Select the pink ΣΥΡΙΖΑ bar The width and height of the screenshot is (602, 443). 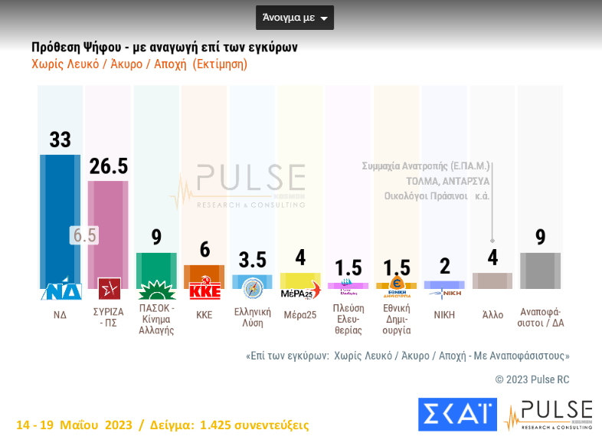(108, 230)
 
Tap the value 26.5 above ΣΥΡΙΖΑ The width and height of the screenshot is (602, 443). (108, 166)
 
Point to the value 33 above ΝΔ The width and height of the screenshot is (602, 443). (60, 139)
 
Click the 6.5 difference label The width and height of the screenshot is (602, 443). (83, 235)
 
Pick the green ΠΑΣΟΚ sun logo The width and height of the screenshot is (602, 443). (156, 290)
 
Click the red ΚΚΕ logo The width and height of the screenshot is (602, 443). (204, 290)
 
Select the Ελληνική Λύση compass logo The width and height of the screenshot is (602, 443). (253, 287)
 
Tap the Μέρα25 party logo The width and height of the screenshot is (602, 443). (300, 290)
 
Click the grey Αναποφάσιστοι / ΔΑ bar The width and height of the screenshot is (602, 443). (540, 271)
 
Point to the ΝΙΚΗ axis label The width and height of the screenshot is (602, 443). (444, 314)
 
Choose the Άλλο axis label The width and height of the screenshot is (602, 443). (492, 314)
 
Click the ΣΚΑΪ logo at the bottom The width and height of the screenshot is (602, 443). (457, 414)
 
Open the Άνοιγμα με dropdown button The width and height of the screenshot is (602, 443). (295, 18)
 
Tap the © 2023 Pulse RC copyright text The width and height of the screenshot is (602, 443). (532, 379)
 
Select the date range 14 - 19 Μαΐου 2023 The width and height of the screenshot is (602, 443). (74, 425)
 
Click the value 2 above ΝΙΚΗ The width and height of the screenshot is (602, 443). (445, 266)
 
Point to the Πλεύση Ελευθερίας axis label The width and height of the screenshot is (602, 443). (348, 319)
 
